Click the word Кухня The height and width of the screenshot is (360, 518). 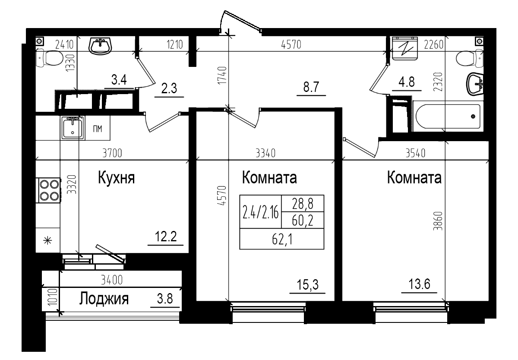(x=117, y=177)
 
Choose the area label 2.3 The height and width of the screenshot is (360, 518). (x=168, y=90)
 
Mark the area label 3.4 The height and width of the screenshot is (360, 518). (x=119, y=80)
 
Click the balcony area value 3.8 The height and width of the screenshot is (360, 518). (x=165, y=299)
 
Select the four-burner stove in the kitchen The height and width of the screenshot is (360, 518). (x=49, y=190)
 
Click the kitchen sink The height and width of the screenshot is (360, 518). (x=73, y=128)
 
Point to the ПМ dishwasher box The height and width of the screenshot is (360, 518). (x=98, y=129)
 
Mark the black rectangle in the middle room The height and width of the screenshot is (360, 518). (x=281, y=222)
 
